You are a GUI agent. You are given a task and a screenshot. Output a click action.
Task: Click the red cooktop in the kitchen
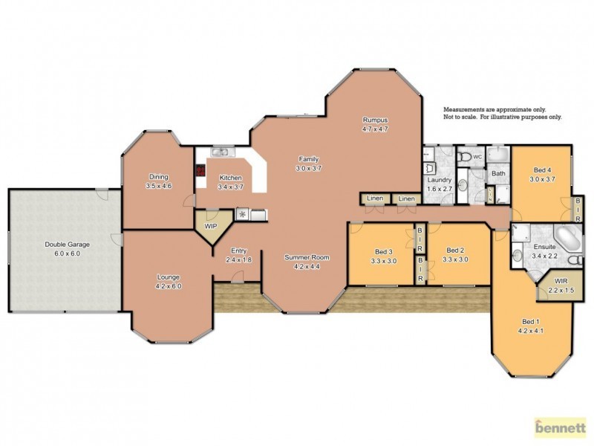(200, 170)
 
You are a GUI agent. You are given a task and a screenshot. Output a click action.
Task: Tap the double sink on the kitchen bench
(223, 153)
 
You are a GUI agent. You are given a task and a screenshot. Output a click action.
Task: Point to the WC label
(478, 158)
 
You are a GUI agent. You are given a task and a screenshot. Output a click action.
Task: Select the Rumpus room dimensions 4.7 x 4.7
(375, 129)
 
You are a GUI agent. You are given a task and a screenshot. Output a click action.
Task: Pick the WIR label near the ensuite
(555, 281)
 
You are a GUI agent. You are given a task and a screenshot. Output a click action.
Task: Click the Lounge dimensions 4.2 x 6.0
(168, 285)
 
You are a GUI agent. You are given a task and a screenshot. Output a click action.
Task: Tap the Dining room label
(158, 177)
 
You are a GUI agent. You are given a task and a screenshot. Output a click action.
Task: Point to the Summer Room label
(307, 257)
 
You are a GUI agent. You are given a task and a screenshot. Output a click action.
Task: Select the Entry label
(238, 251)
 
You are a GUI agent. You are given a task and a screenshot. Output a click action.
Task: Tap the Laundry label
(439, 180)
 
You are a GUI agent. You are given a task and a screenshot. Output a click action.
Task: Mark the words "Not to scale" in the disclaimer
(462, 117)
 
